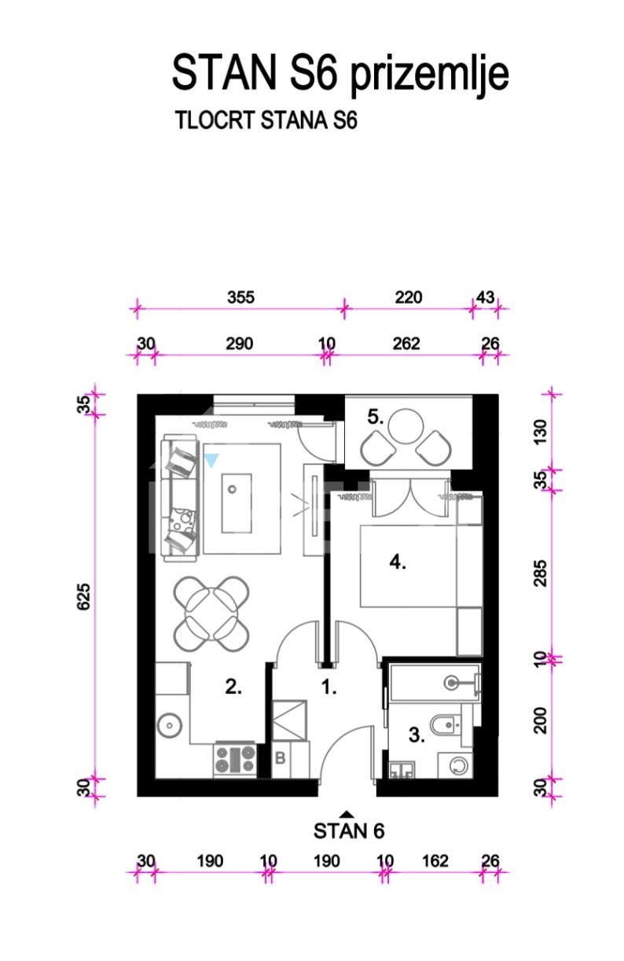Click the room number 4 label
coord(398,562)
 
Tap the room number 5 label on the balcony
coord(375,417)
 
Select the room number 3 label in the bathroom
coord(417,735)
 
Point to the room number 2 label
coord(233,687)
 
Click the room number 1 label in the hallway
coord(329,687)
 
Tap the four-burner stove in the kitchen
coord(235,760)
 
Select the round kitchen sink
coord(170,726)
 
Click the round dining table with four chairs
coord(211,613)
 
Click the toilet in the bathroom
coord(446,724)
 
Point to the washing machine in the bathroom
coord(456,765)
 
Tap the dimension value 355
coord(241,297)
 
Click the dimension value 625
coord(84,596)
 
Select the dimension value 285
coord(541,573)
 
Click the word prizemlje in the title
coord(430,74)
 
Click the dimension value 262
coord(406,344)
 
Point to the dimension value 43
coord(486,297)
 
